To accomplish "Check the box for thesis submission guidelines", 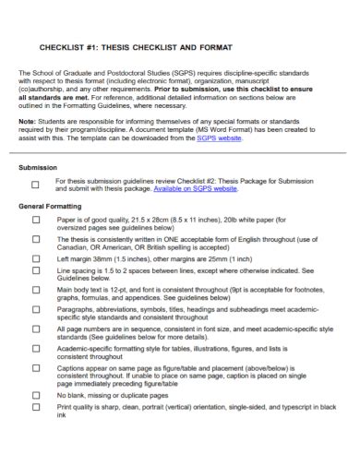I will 36,184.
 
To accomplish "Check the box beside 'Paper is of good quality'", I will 36,221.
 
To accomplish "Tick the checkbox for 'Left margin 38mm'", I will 36,258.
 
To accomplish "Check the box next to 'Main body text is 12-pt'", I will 36,290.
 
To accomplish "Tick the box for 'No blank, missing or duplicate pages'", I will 36,394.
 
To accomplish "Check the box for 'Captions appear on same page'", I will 36,367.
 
